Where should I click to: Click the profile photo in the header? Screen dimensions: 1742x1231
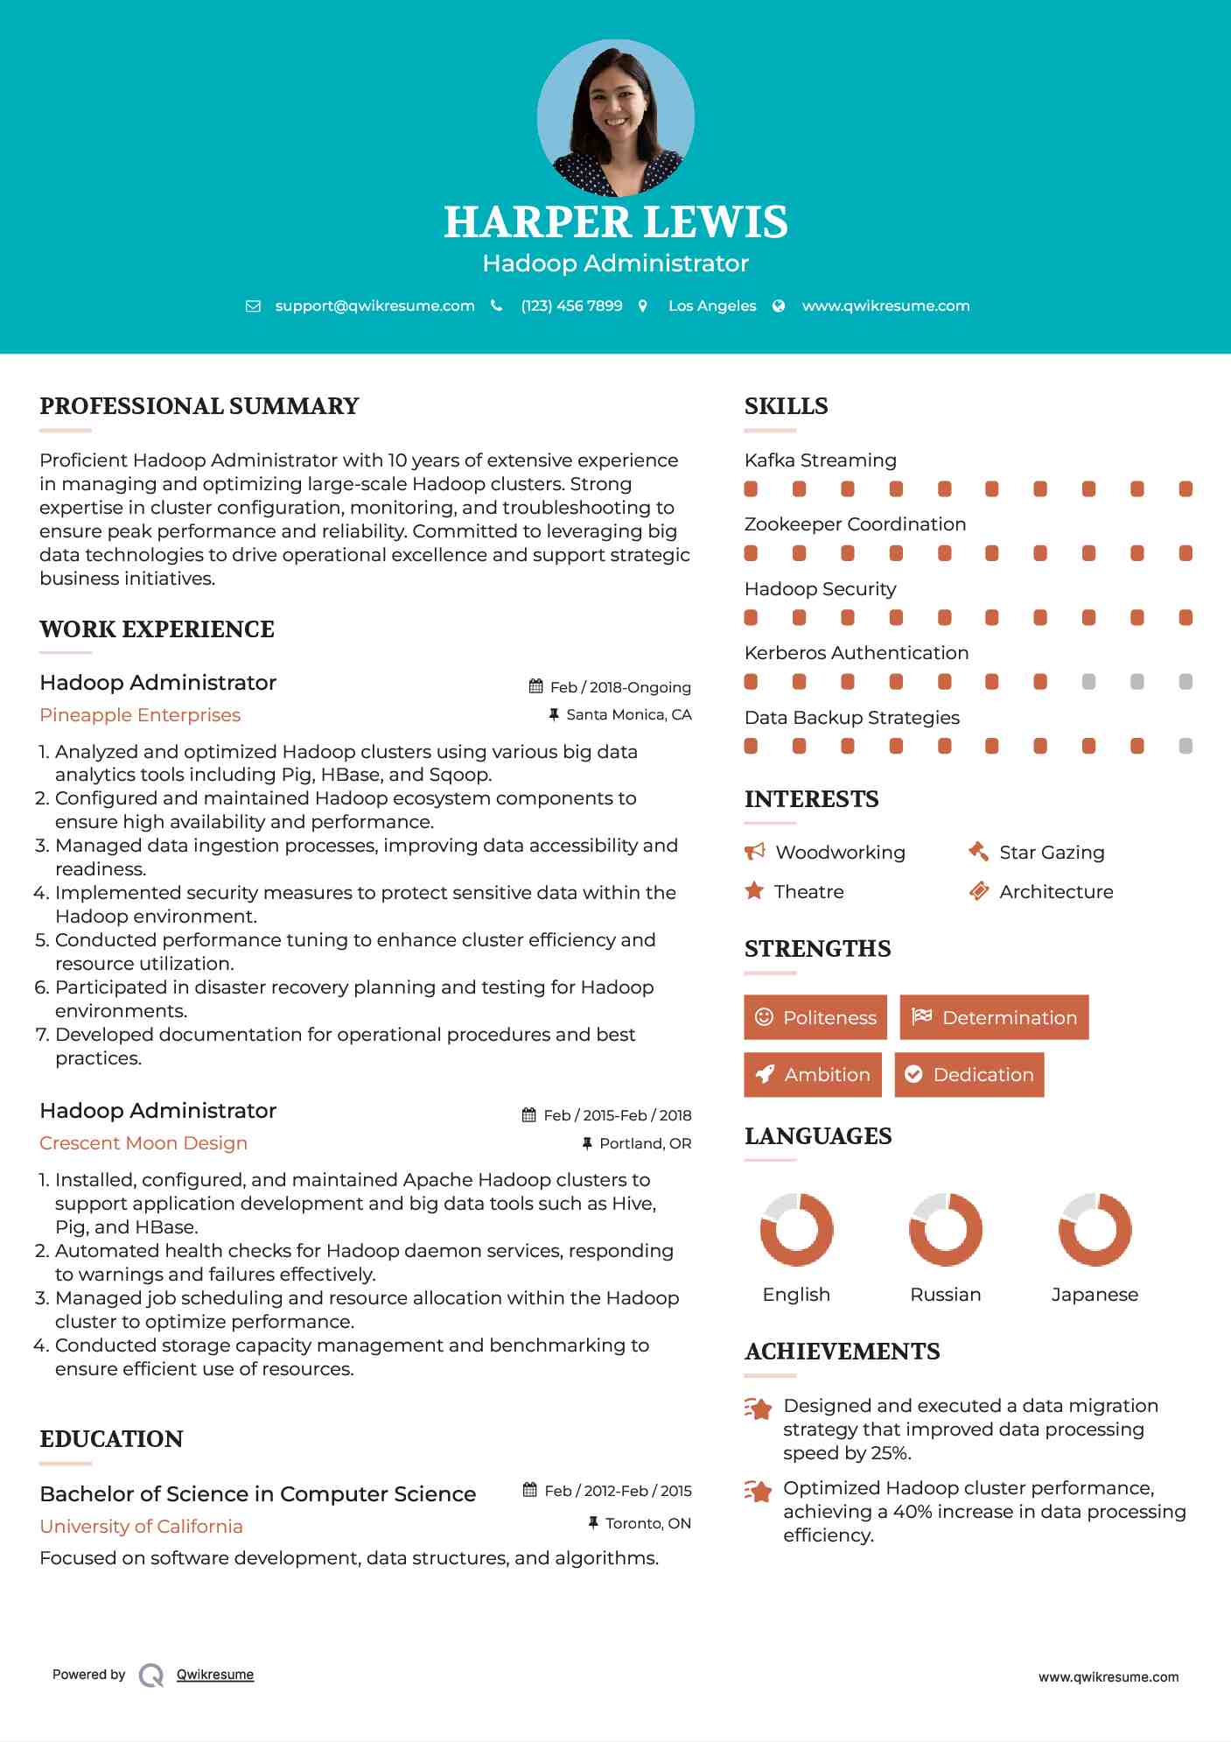tap(615, 117)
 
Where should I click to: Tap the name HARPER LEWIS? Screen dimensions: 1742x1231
tap(615, 222)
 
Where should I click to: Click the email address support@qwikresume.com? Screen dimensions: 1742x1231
tap(374, 306)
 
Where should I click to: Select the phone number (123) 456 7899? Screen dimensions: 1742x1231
tap(571, 306)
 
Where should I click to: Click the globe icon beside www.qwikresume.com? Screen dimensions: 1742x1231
tap(779, 306)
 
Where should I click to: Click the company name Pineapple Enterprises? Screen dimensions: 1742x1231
tap(140, 715)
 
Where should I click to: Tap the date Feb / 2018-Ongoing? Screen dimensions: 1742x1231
tap(620, 687)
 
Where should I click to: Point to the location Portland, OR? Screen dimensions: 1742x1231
tap(645, 1143)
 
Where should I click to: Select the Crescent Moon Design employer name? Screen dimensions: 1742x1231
tap(143, 1143)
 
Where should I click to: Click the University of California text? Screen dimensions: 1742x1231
tap(141, 1527)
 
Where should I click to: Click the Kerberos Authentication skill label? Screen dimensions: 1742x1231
tap(856, 653)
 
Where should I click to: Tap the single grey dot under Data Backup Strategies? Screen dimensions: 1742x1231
tap(1186, 746)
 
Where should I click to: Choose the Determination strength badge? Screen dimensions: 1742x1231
tap(994, 1017)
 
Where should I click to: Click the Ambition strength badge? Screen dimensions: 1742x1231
tap(813, 1075)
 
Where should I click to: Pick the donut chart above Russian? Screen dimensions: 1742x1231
tap(945, 1229)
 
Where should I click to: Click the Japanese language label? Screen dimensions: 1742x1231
tap(1095, 1295)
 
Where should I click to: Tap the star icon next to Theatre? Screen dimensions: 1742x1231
tap(754, 891)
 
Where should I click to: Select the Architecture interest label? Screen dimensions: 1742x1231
tap(1056, 892)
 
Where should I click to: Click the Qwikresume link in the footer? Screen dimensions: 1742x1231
tap(215, 1675)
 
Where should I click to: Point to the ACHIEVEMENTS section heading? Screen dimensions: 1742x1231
tap(842, 1352)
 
